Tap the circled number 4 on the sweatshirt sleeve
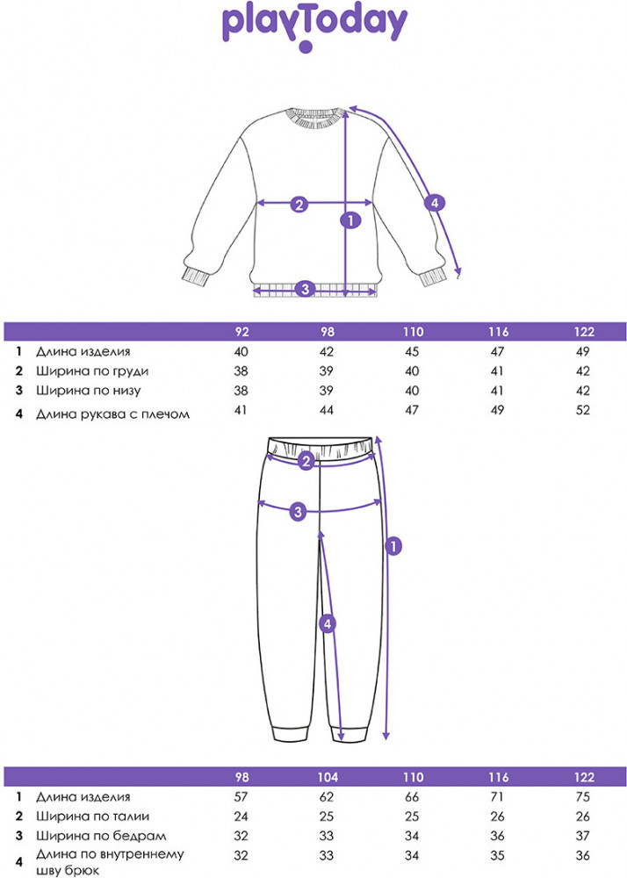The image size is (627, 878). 433,204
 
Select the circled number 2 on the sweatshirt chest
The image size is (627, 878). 299,205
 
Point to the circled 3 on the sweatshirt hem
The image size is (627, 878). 305,288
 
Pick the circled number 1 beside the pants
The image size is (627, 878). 393,546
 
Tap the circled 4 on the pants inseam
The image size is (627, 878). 327,624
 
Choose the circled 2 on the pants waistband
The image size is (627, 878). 306,461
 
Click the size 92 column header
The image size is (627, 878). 242,332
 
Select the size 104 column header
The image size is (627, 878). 328,778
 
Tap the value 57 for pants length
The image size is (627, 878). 242,797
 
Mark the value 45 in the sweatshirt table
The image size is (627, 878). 414,351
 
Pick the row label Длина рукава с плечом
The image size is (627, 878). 112,413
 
